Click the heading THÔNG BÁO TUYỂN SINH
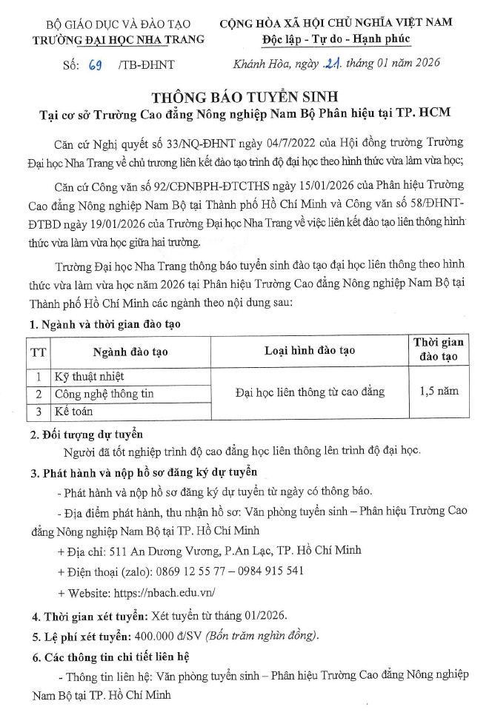click(x=245, y=98)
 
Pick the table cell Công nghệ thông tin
click(x=104, y=394)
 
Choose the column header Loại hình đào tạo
click(x=310, y=350)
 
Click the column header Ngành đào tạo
click(x=130, y=352)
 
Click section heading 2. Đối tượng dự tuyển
click(x=86, y=434)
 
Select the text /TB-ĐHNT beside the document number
click(x=146, y=64)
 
